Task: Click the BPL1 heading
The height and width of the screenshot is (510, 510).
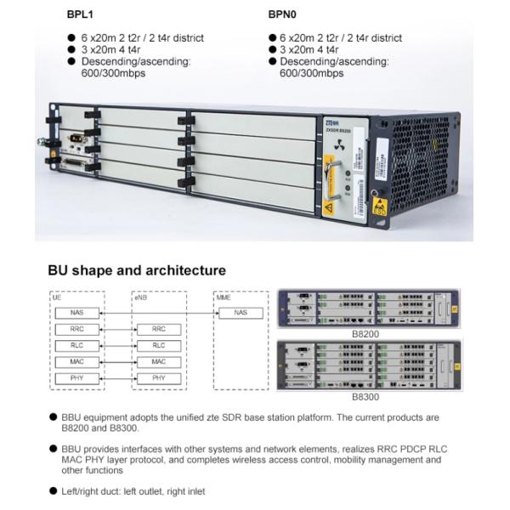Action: [x=82, y=14]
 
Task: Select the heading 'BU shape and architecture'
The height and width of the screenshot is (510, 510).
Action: [x=137, y=270]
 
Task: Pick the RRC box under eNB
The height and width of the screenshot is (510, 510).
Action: [x=159, y=329]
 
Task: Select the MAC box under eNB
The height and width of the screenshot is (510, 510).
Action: [x=159, y=361]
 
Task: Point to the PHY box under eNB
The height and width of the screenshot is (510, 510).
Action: [x=159, y=377]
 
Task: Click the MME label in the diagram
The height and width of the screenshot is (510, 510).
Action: [x=224, y=298]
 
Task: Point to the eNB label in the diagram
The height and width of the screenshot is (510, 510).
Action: [x=141, y=298]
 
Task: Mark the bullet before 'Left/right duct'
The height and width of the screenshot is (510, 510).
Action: [x=53, y=491]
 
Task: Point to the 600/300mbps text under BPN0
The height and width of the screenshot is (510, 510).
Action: [x=311, y=73]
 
